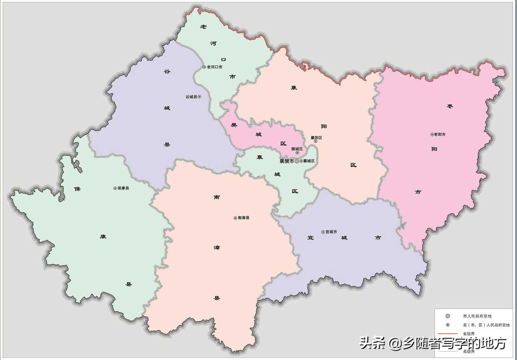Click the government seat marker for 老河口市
pos(204,67)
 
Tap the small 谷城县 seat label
pos(191,97)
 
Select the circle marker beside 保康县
pos(115,188)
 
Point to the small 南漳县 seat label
pos(244,218)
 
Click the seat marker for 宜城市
pos(323,232)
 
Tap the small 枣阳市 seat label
pos(439,134)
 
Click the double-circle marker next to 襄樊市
pos(297,161)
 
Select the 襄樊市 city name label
pos(287,161)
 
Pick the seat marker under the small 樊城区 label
pos(297,153)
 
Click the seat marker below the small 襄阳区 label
pos(316,141)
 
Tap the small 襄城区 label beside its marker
pos(309,161)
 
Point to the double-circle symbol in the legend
pos(448,316)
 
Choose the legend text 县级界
pos(469,352)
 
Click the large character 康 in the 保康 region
pos(103,237)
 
